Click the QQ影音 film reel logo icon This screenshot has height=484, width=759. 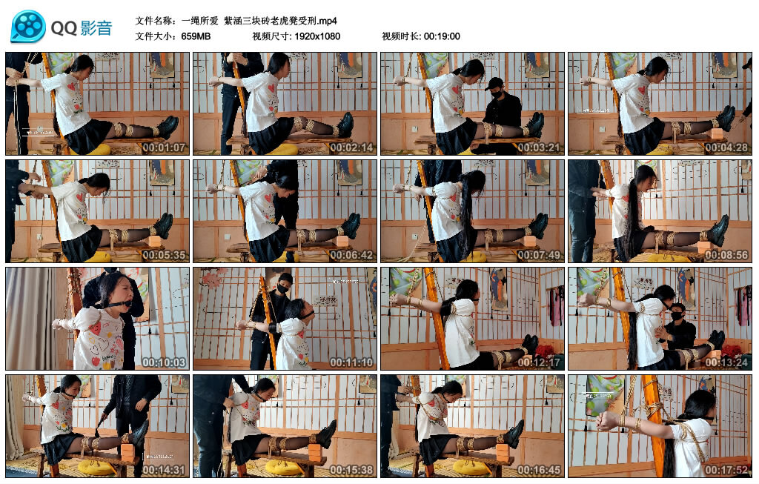tap(28, 27)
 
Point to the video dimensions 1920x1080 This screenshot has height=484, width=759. tap(316, 36)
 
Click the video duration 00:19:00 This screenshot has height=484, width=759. tap(442, 36)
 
